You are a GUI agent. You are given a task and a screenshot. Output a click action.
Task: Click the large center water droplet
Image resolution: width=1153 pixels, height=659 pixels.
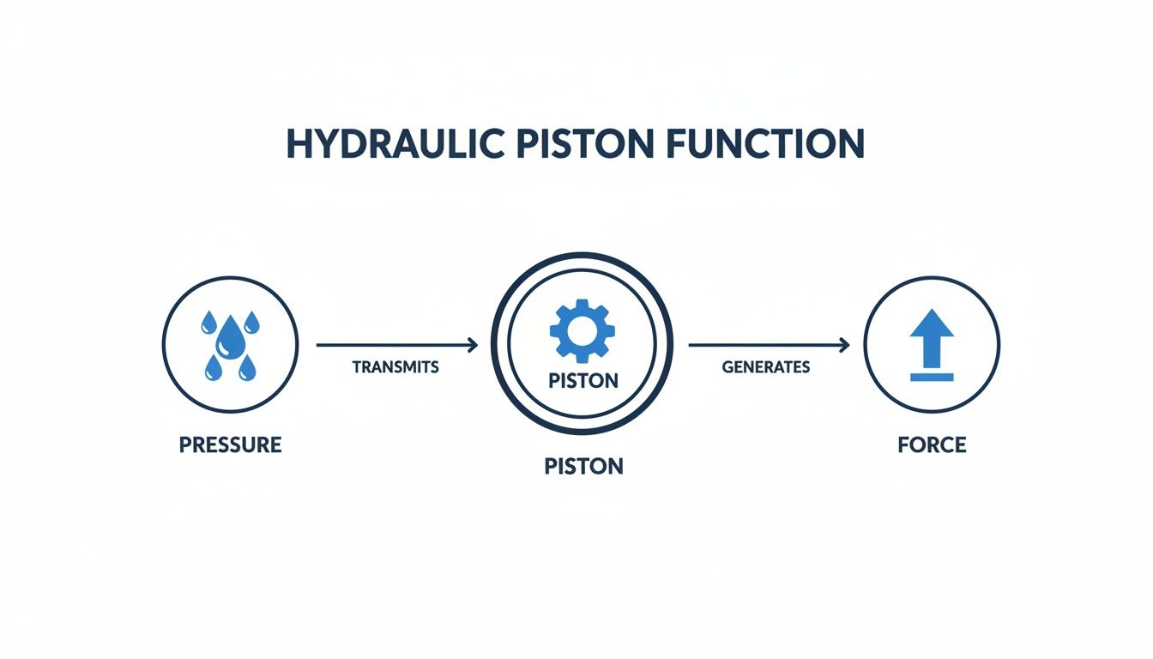pos(229,337)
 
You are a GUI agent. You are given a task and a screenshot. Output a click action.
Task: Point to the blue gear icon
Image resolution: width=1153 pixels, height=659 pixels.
pos(583,330)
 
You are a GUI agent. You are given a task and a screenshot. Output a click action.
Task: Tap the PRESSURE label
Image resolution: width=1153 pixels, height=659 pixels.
pos(230,445)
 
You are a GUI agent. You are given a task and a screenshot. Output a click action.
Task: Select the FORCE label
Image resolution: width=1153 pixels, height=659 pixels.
pos(932,445)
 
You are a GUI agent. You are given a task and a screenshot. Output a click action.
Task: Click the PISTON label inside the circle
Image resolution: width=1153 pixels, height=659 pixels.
pos(583,380)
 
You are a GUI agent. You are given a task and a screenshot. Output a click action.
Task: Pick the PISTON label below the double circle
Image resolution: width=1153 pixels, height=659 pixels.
pos(583,467)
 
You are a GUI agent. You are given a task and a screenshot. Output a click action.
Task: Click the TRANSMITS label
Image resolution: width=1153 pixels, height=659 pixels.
pos(395,367)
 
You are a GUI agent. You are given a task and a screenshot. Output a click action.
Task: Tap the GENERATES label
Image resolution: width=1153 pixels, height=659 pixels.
pos(766,367)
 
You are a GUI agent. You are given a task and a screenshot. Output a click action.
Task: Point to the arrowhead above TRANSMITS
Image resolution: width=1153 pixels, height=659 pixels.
pos(473,345)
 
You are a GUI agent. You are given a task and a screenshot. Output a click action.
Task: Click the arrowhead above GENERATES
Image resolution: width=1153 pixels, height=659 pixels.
pos(844,345)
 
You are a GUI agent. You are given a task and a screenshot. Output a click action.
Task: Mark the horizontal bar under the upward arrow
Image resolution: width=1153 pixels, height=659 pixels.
pos(932,377)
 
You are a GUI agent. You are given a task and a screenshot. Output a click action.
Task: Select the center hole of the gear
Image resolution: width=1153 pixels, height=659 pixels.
pos(583,330)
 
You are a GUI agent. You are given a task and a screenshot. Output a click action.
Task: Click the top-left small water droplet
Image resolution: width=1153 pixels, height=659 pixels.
pos(208,323)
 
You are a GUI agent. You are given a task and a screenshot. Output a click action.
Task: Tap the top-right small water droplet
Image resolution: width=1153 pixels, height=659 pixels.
pos(251,323)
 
